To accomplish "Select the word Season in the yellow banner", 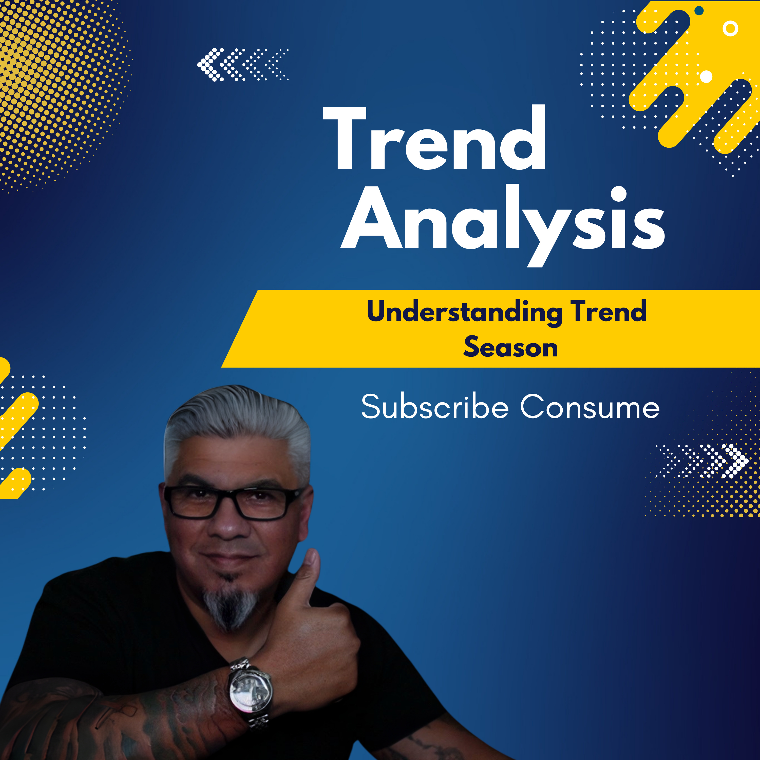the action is tap(511, 347).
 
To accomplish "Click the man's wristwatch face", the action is tap(251, 692).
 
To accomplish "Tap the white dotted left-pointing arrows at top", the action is tap(243, 65).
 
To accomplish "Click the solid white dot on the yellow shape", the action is tap(707, 77).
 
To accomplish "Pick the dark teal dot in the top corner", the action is tap(699, 11).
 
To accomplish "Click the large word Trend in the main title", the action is tap(434, 137).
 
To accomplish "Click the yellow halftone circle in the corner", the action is tap(59, 90).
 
